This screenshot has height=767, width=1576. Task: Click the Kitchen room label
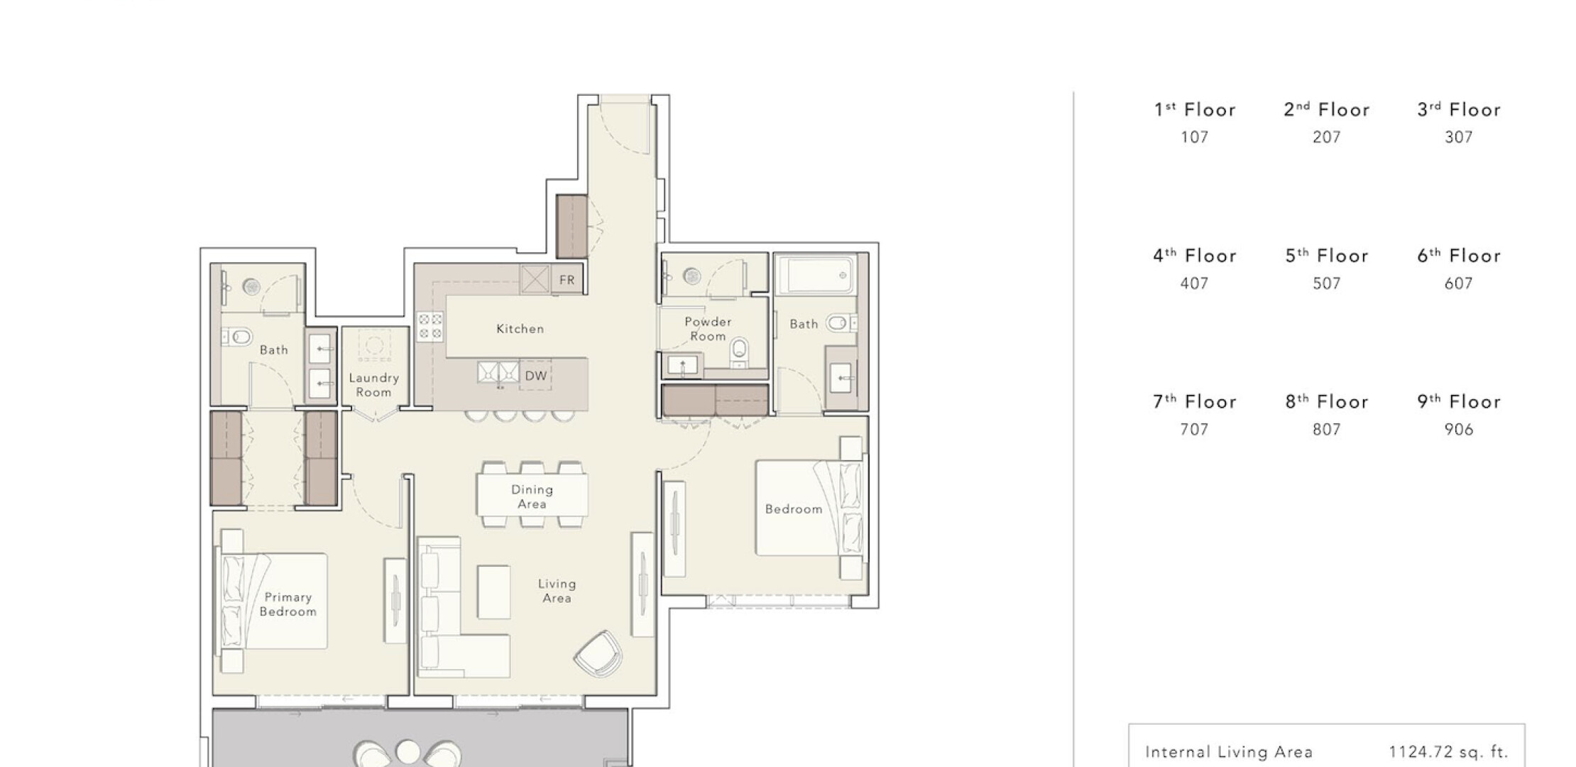(x=520, y=329)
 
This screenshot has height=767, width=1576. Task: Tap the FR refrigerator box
(x=567, y=280)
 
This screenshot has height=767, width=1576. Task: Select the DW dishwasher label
(x=536, y=376)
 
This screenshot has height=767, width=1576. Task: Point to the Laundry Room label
(x=373, y=385)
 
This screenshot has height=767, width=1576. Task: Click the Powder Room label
(x=708, y=329)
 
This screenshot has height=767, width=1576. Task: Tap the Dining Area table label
(x=532, y=496)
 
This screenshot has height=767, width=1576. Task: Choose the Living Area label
(x=557, y=591)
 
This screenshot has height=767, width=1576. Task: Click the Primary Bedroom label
(x=288, y=604)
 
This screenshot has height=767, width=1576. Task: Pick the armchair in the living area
(x=598, y=653)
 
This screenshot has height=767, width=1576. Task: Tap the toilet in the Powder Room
(x=740, y=353)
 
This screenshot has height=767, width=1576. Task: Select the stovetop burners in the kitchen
(x=430, y=326)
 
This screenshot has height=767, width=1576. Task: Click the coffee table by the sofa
(x=493, y=592)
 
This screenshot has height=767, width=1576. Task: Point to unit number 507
(x=1326, y=283)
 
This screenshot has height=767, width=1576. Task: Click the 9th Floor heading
(x=1458, y=401)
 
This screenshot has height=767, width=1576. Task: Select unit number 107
(x=1194, y=137)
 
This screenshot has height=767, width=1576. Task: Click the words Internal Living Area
(x=1229, y=752)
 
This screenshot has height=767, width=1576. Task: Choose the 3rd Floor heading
(x=1458, y=109)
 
